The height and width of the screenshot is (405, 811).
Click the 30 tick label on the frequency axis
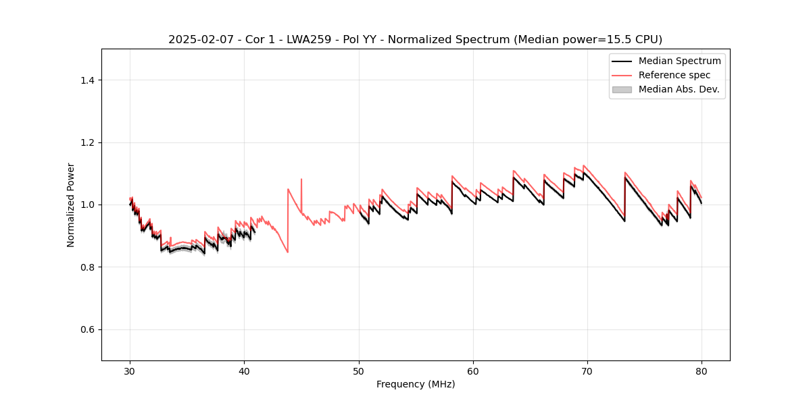pos(130,371)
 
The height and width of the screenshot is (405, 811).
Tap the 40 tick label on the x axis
pos(244,371)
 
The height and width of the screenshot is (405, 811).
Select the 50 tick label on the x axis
pos(359,371)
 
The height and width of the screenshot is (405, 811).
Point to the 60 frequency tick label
pos(473,371)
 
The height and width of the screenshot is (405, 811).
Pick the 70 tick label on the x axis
pos(587,371)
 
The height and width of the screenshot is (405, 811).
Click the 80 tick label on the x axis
pos(702,371)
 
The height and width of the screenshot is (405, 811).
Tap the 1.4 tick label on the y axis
pos(87,80)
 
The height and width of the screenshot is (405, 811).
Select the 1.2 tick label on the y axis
pos(87,142)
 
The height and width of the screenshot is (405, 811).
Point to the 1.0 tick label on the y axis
pos(87,205)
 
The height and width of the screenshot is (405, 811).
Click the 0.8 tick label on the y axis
pos(87,267)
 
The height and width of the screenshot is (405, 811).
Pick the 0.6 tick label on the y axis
pos(87,329)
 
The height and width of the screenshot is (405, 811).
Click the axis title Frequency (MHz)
pos(416,384)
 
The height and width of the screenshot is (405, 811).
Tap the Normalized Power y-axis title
pos(71,205)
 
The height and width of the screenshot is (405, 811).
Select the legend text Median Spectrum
pos(679,61)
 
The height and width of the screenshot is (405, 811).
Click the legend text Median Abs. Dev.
pos(679,89)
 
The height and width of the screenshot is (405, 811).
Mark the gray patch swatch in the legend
pos(622,89)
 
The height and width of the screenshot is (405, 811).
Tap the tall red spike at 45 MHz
pos(301,180)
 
